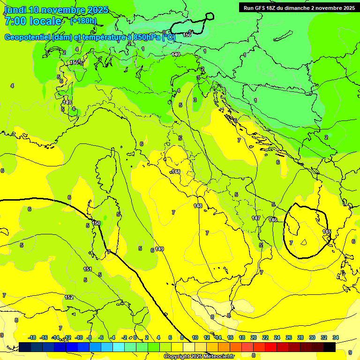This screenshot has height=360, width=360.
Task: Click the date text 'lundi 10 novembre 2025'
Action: tap(56, 10)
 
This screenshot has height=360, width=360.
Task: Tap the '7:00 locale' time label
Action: tap(32, 21)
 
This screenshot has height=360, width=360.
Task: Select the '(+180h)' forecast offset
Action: tap(83, 21)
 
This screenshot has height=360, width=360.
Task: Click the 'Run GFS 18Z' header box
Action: tap(299, 7)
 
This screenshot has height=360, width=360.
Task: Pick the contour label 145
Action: tap(327, 232)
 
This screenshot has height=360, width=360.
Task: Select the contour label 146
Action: tap(273, 220)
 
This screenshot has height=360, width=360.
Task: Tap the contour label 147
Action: tap(255, 218)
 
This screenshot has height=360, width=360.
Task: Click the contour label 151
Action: tap(88, 269)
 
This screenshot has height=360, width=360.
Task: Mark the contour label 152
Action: tap(69, 297)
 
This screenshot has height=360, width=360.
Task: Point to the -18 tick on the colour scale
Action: tap(32, 337)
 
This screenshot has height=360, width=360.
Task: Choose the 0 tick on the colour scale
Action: tap(135, 337)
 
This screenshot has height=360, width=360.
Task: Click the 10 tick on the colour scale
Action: tap(195, 337)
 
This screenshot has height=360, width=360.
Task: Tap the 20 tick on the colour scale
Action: tap(254, 337)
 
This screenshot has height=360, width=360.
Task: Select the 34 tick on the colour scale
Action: tap(336, 337)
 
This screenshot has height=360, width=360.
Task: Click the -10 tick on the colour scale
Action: tap(79, 337)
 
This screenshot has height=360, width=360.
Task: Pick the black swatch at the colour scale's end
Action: tap(330, 347)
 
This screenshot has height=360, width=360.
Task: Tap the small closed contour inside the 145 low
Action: tap(303, 242)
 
